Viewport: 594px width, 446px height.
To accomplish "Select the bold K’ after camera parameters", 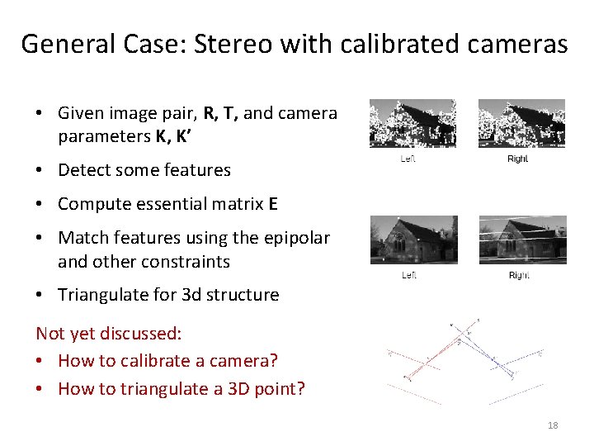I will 182,136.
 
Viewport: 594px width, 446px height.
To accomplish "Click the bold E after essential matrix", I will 273,204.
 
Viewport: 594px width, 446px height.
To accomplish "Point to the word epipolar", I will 295,238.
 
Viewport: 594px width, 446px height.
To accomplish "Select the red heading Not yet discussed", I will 108,333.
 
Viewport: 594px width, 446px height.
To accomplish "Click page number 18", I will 553,425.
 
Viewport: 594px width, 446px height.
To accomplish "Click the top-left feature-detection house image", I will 412,124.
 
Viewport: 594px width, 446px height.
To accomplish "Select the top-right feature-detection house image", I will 521,124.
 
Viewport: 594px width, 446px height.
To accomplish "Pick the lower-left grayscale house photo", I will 413,240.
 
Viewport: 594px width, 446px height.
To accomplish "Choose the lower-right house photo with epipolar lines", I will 521,240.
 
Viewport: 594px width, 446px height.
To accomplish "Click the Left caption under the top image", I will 408,159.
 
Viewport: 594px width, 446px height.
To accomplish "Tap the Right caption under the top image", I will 517,159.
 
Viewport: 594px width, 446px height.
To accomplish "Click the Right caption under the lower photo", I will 519,275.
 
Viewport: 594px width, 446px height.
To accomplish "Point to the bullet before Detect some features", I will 40,171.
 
